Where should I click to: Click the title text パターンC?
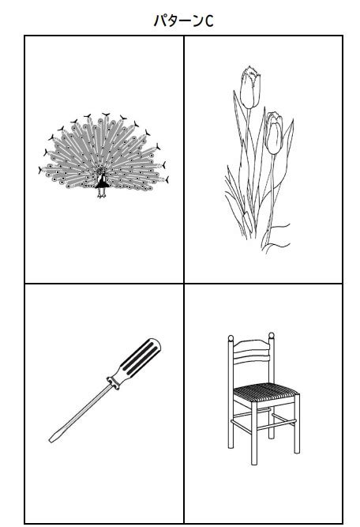pyautogui.click(x=184, y=21)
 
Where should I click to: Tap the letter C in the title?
pyautogui.click(x=209, y=21)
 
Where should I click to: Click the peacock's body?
pyautogui.click(x=102, y=180)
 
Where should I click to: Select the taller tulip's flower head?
pyautogui.click(x=250, y=87)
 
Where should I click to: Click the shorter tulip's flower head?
pyautogui.click(x=274, y=133)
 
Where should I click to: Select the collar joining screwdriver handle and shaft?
pyautogui.click(x=113, y=382)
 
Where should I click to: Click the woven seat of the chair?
pyautogui.click(x=265, y=392)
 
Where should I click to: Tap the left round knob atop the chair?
pyautogui.click(x=231, y=338)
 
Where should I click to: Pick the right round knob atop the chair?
pyautogui.click(x=272, y=336)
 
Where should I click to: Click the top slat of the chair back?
pyautogui.click(x=251, y=344)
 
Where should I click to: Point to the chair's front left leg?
pyautogui.click(x=254, y=434)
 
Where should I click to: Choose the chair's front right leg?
pyautogui.click(x=297, y=424)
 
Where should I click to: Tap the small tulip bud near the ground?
pyautogui.click(x=248, y=222)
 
